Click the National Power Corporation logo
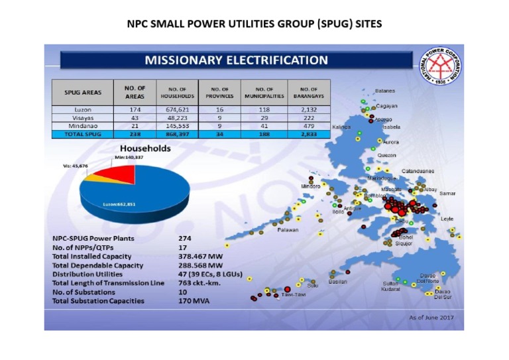(x=437, y=68)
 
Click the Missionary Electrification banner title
(x=236, y=60)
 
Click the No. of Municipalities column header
(x=264, y=91)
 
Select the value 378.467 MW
(x=202, y=256)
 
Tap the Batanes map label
(x=385, y=91)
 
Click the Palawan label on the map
(x=288, y=229)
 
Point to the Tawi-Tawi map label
(x=292, y=293)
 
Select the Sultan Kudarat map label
(x=390, y=286)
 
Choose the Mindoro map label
(x=310, y=186)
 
